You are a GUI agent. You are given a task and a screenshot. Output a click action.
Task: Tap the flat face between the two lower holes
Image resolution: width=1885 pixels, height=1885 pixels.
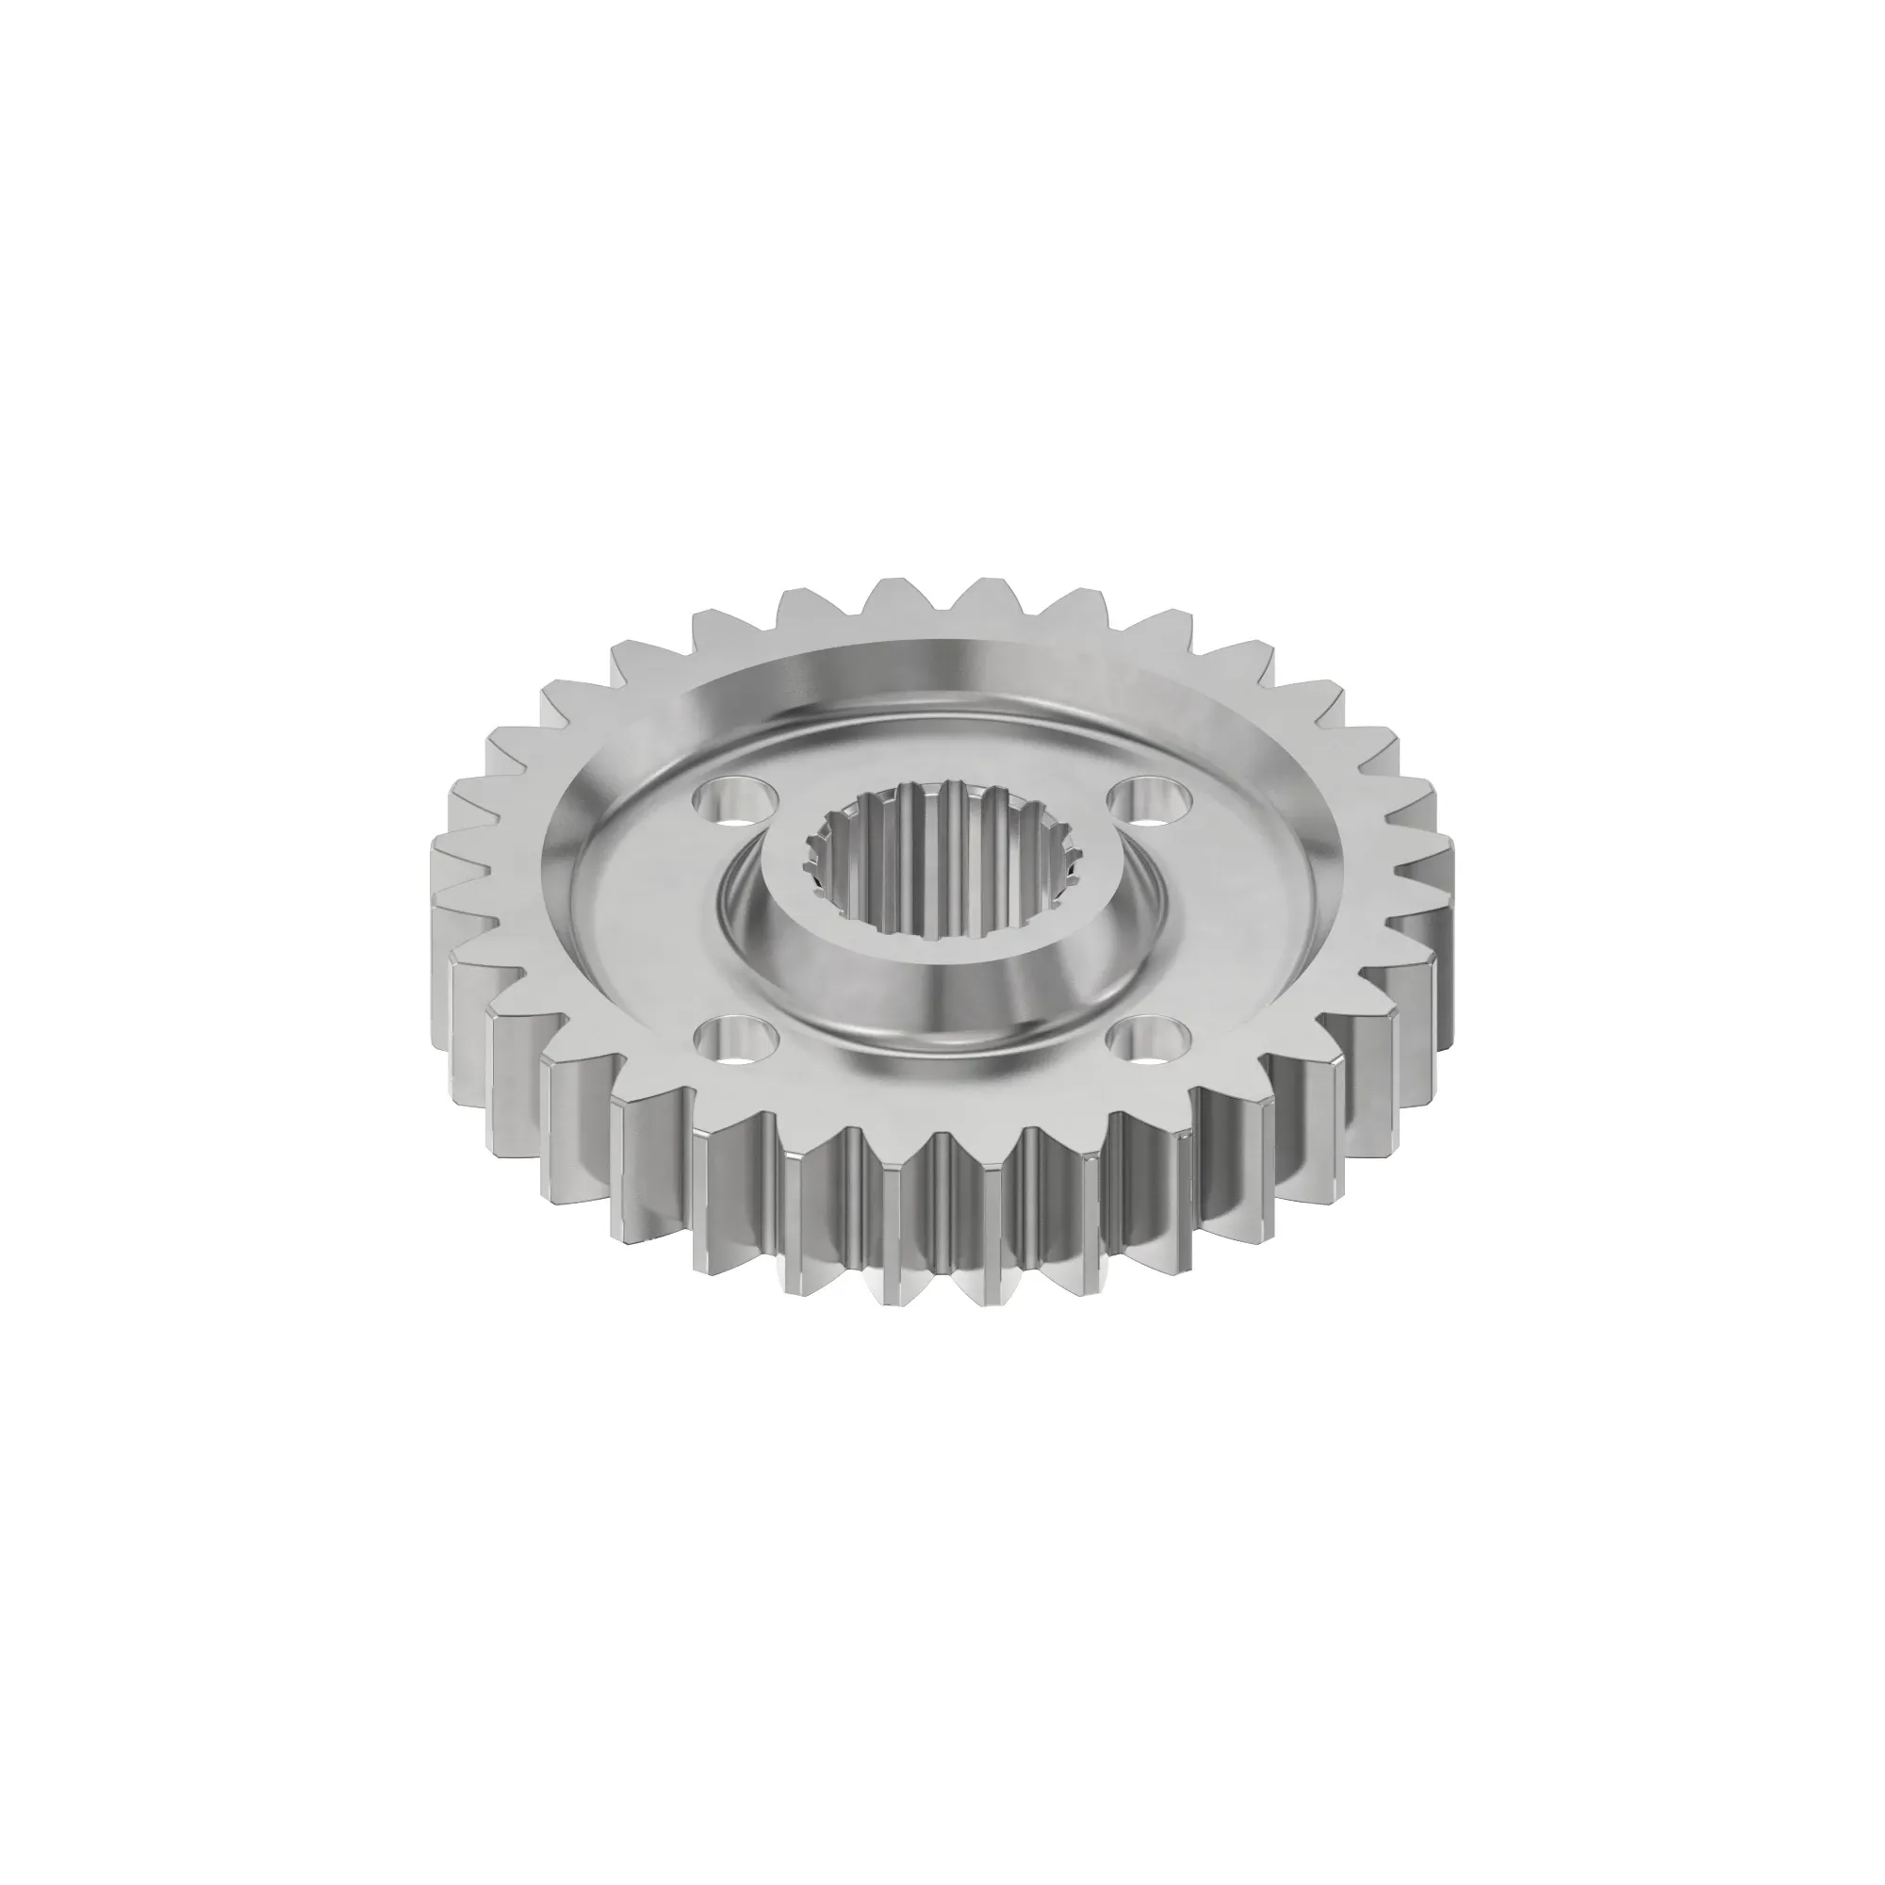pyautogui.click(x=942, y=1083)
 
